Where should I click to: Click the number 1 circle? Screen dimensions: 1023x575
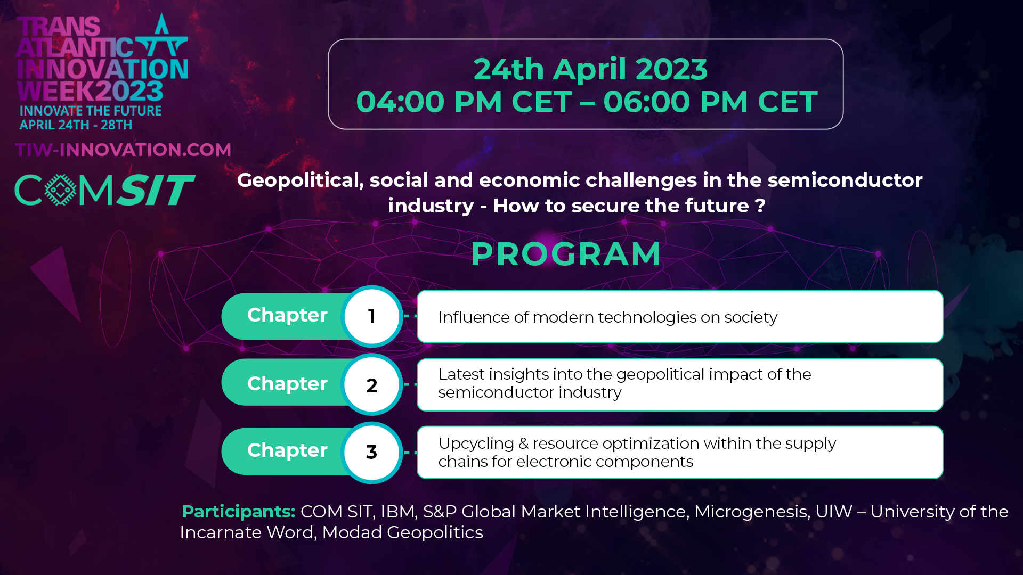coord(372,316)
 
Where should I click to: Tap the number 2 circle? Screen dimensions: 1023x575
coord(372,384)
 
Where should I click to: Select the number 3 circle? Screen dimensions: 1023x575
coord(372,452)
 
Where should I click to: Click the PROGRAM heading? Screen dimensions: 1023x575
coord(565,254)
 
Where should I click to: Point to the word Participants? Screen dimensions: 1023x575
coord(238,512)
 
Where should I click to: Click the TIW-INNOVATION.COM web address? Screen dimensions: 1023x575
coord(123,150)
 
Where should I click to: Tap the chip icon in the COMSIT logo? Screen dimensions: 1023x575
coord(60,190)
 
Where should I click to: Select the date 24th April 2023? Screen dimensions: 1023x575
coord(590,69)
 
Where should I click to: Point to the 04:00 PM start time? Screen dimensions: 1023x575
coord(429,102)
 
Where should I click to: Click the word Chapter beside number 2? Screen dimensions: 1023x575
coord(287,384)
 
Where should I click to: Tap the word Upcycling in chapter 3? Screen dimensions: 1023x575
coord(476,444)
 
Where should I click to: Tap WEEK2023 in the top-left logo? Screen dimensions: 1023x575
coord(90,91)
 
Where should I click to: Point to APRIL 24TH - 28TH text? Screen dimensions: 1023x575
coord(76,125)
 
